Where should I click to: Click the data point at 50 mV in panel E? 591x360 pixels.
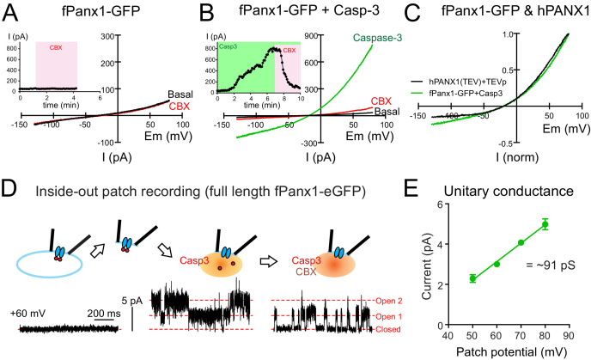tap(472, 278)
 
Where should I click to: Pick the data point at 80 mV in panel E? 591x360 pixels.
tap(545, 224)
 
